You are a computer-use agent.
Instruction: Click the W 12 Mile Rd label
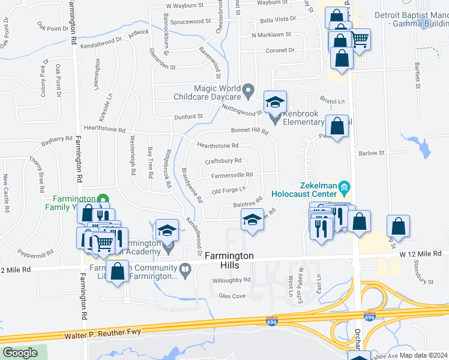tap(421, 254)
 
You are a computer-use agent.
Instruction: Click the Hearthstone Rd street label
tap(218, 145)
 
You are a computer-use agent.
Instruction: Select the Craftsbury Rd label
tap(223, 161)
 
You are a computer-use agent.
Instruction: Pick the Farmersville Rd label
tap(232, 175)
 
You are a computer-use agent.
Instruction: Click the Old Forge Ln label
tap(229, 190)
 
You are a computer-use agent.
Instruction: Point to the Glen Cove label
tap(232, 296)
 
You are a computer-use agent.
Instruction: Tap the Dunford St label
tap(190, 116)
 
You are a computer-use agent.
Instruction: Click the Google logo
tap(20, 353)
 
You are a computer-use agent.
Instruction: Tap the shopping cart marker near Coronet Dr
tap(360, 40)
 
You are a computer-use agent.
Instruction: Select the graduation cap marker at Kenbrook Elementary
tap(275, 102)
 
